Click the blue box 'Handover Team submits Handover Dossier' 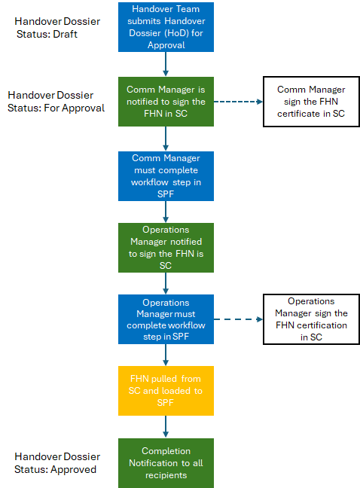(x=166, y=27)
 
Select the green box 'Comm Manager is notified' (x=166, y=102)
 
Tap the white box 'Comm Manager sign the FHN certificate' (x=311, y=102)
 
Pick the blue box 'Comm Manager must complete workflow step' (x=166, y=176)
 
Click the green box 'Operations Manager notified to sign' (x=166, y=248)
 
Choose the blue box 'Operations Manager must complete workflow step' (x=166, y=319)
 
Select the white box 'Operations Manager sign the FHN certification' (x=311, y=319)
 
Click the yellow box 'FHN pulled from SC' (x=166, y=391)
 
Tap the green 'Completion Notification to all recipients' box (x=166, y=463)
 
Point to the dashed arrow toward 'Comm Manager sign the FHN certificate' (x=238, y=102)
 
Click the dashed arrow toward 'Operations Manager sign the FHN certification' (x=238, y=319)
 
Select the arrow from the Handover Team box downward (x=166, y=64)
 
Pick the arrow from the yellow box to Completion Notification (x=166, y=427)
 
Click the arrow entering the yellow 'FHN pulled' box (x=166, y=355)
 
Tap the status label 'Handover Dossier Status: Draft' (x=57, y=27)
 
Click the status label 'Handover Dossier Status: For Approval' (x=56, y=102)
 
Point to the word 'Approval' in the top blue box (x=166, y=45)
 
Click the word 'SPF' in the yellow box (x=165, y=403)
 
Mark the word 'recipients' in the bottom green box (x=166, y=475)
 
